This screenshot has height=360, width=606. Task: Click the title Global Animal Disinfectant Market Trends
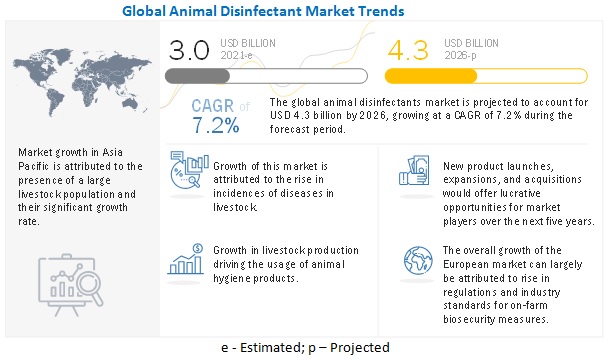click(x=263, y=11)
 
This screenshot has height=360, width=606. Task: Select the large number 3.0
click(x=189, y=50)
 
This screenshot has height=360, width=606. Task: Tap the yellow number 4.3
click(x=408, y=50)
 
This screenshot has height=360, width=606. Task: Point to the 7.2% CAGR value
click(x=216, y=125)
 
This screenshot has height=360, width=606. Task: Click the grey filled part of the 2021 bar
click(x=197, y=76)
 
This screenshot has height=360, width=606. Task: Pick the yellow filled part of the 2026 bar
click(x=431, y=76)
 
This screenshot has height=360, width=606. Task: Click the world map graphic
click(x=82, y=82)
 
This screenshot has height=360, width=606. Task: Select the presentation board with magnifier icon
click(x=71, y=285)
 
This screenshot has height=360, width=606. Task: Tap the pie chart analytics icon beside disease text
click(x=189, y=170)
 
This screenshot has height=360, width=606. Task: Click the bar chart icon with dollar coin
click(x=186, y=259)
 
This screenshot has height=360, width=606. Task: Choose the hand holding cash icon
click(x=414, y=170)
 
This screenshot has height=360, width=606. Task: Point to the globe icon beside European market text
click(x=418, y=260)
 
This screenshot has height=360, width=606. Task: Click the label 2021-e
click(x=236, y=55)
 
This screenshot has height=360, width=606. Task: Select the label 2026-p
click(x=460, y=55)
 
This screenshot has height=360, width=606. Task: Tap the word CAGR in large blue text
click(x=213, y=106)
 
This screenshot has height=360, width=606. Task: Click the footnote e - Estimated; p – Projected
click(x=305, y=347)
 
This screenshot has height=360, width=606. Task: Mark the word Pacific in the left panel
click(x=33, y=166)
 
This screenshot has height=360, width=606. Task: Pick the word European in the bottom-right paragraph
click(x=467, y=265)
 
